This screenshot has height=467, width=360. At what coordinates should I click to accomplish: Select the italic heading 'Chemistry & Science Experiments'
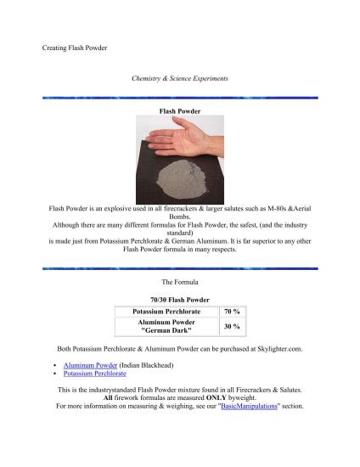[180, 79]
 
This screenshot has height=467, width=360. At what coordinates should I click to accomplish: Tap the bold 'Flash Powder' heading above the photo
[179, 110]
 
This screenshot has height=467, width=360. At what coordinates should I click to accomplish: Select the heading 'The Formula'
[179, 280]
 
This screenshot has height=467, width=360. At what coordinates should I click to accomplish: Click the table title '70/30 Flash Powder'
[178, 299]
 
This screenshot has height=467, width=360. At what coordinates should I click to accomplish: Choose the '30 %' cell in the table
[231, 327]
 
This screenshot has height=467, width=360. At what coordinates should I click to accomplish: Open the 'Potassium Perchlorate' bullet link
[95, 373]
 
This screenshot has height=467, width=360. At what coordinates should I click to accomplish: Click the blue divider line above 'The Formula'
[180, 268]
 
